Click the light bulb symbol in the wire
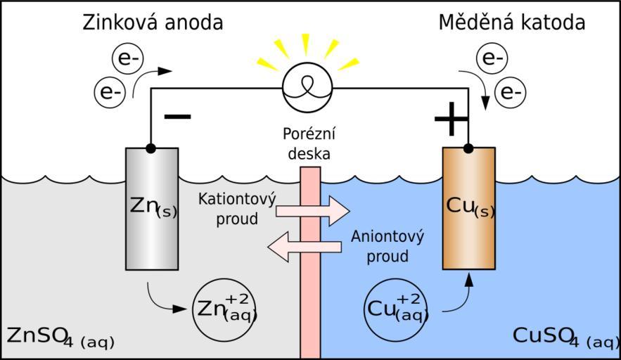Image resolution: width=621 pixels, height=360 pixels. coord(306,88)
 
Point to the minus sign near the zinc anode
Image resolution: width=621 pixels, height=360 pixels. coord(177,116)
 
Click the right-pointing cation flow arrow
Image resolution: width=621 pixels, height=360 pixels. coord(312,210)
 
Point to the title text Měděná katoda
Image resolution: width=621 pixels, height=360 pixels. coord(512,22)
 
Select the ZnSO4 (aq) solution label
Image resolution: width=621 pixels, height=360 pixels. coord(59,337)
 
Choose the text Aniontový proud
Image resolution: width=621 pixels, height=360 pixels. coord(388,245)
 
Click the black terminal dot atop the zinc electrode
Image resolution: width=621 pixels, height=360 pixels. coord(151,148)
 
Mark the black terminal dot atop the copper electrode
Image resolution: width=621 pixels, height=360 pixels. coord(468,148)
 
